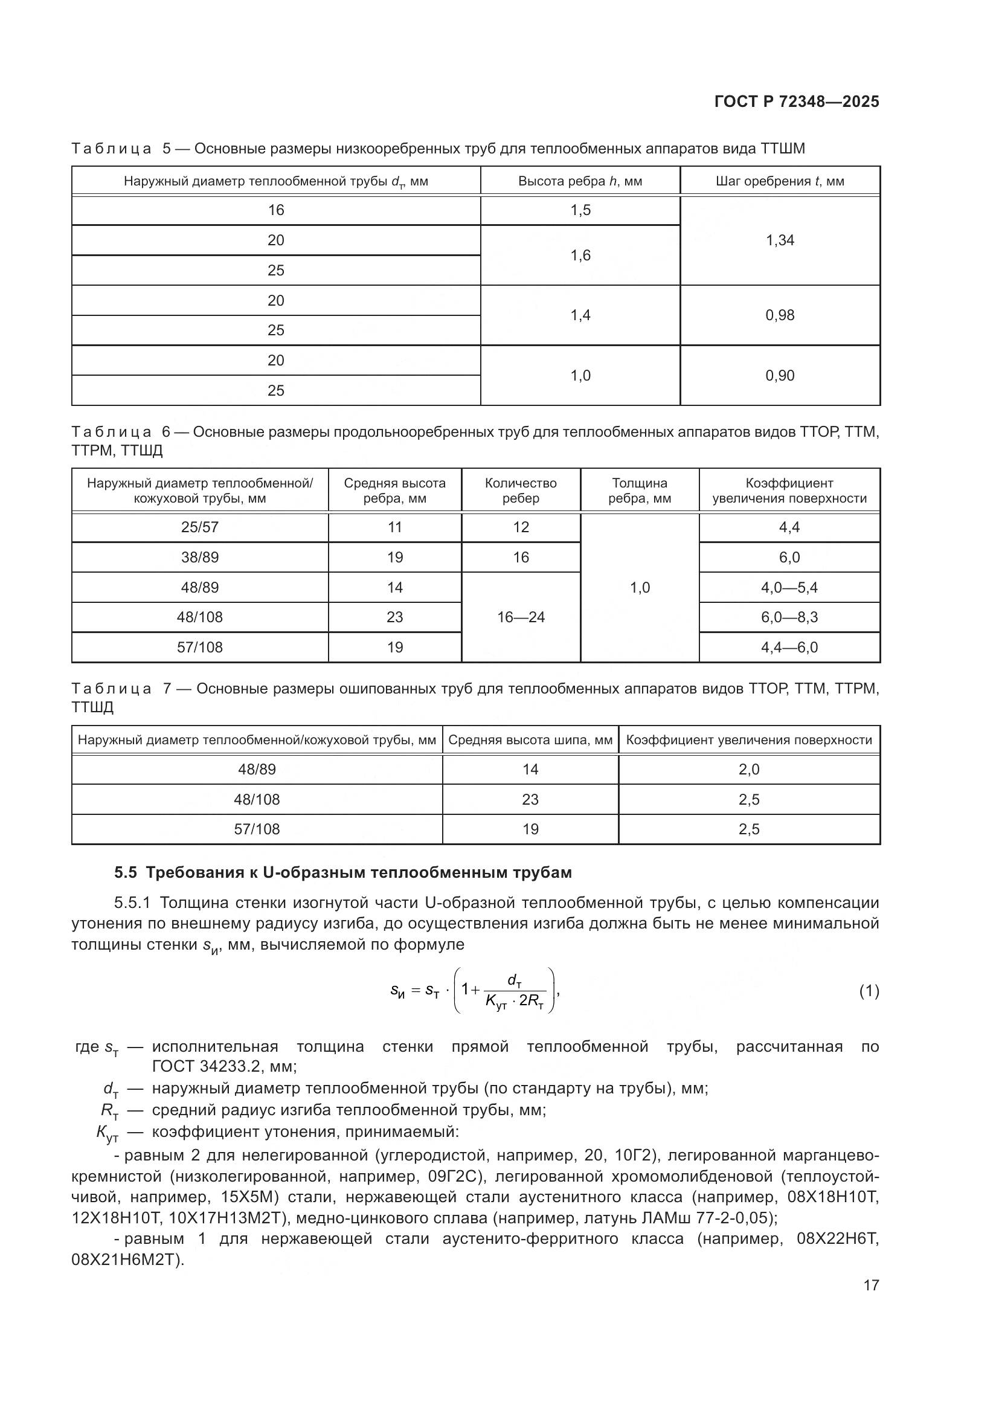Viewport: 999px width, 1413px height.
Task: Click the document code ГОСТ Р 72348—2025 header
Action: pos(797,102)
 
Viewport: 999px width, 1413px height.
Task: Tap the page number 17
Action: pos(870,1285)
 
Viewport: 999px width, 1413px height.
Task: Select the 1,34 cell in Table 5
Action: pos(779,240)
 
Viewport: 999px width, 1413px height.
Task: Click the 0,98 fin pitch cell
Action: pos(779,315)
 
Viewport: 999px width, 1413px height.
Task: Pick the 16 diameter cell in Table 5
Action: pos(275,210)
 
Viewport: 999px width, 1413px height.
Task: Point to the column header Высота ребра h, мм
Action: pos(579,182)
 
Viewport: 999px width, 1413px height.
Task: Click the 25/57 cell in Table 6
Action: pos(199,527)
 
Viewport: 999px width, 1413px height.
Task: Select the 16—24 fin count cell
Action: pos(521,617)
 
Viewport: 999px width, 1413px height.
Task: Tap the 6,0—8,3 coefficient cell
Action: pos(789,617)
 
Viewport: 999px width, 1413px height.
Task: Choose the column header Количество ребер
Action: pos(521,491)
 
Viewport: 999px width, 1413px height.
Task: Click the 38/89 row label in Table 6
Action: pos(199,558)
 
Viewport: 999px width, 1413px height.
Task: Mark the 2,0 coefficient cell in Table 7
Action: pos(748,769)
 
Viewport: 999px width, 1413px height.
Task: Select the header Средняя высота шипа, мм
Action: pos(530,740)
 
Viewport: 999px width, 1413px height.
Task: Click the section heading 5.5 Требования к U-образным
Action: pos(342,873)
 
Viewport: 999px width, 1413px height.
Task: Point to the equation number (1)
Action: pos(869,991)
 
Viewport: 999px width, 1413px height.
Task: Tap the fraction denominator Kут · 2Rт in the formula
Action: pos(514,1002)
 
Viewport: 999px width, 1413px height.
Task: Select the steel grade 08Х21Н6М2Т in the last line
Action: pos(126,1260)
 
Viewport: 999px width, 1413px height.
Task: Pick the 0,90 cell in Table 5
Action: pos(779,375)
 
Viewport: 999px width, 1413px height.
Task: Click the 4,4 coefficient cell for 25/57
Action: pos(789,527)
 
